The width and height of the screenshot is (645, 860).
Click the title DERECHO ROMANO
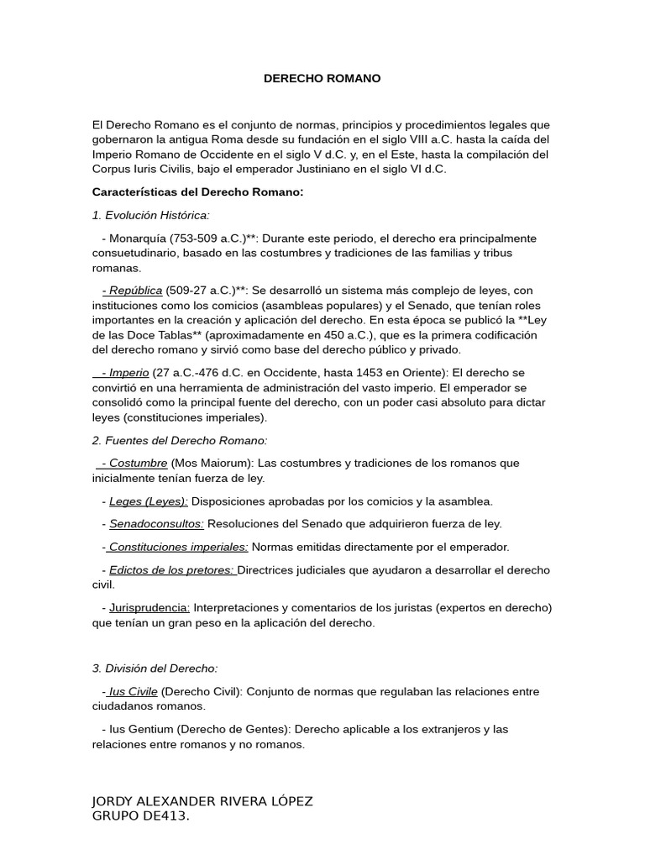(322, 78)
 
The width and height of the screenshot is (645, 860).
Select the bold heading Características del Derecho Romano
(197, 192)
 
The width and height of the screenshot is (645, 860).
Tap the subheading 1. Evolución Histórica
(150, 215)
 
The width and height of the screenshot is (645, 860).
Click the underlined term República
(134, 291)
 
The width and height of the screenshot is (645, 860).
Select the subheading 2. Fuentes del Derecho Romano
(180, 440)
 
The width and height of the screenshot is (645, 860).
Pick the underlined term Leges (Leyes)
(149, 501)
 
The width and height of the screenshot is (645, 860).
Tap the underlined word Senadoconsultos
(156, 523)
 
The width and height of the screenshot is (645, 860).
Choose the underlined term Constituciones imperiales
(178, 547)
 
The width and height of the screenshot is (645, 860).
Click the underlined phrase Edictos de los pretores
(172, 569)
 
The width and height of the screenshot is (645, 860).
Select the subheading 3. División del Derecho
(155, 669)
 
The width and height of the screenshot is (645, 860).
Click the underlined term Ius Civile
(133, 691)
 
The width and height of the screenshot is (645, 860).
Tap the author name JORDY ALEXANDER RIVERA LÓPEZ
(202, 801)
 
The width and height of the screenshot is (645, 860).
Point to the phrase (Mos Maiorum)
(212, 463)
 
